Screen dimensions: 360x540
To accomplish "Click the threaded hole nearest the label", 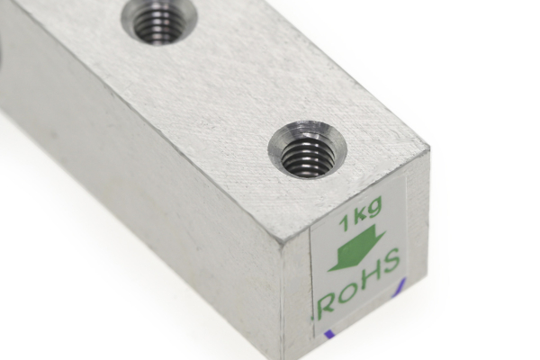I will point(308,156).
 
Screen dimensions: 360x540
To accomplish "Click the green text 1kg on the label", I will point(361,217).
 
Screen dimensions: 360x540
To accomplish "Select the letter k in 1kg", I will point(358,218).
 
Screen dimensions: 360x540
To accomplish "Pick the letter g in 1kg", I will point(374,216).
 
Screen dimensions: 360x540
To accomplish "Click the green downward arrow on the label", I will point(356,249).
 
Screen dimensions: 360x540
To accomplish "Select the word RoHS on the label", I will point(361,286).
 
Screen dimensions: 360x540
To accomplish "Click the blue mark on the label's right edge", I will point(401,287).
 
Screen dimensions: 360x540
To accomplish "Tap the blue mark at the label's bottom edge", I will point(329,335).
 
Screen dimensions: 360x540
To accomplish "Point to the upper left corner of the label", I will point(311,228).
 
